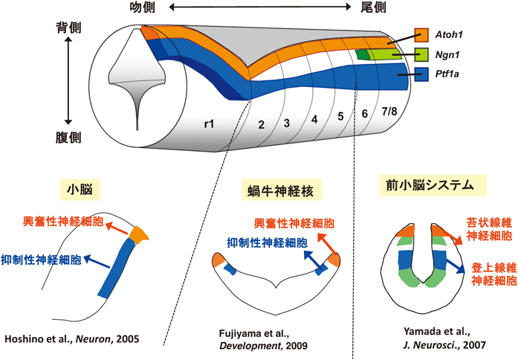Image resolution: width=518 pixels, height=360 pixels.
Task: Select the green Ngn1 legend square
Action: (x=421, y=54)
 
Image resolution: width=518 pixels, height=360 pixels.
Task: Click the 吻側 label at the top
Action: (x=145, y=8)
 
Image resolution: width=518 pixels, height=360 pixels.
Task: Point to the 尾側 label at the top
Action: (x=377, y=8)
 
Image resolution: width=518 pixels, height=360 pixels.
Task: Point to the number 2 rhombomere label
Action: (x=260, y=123)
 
